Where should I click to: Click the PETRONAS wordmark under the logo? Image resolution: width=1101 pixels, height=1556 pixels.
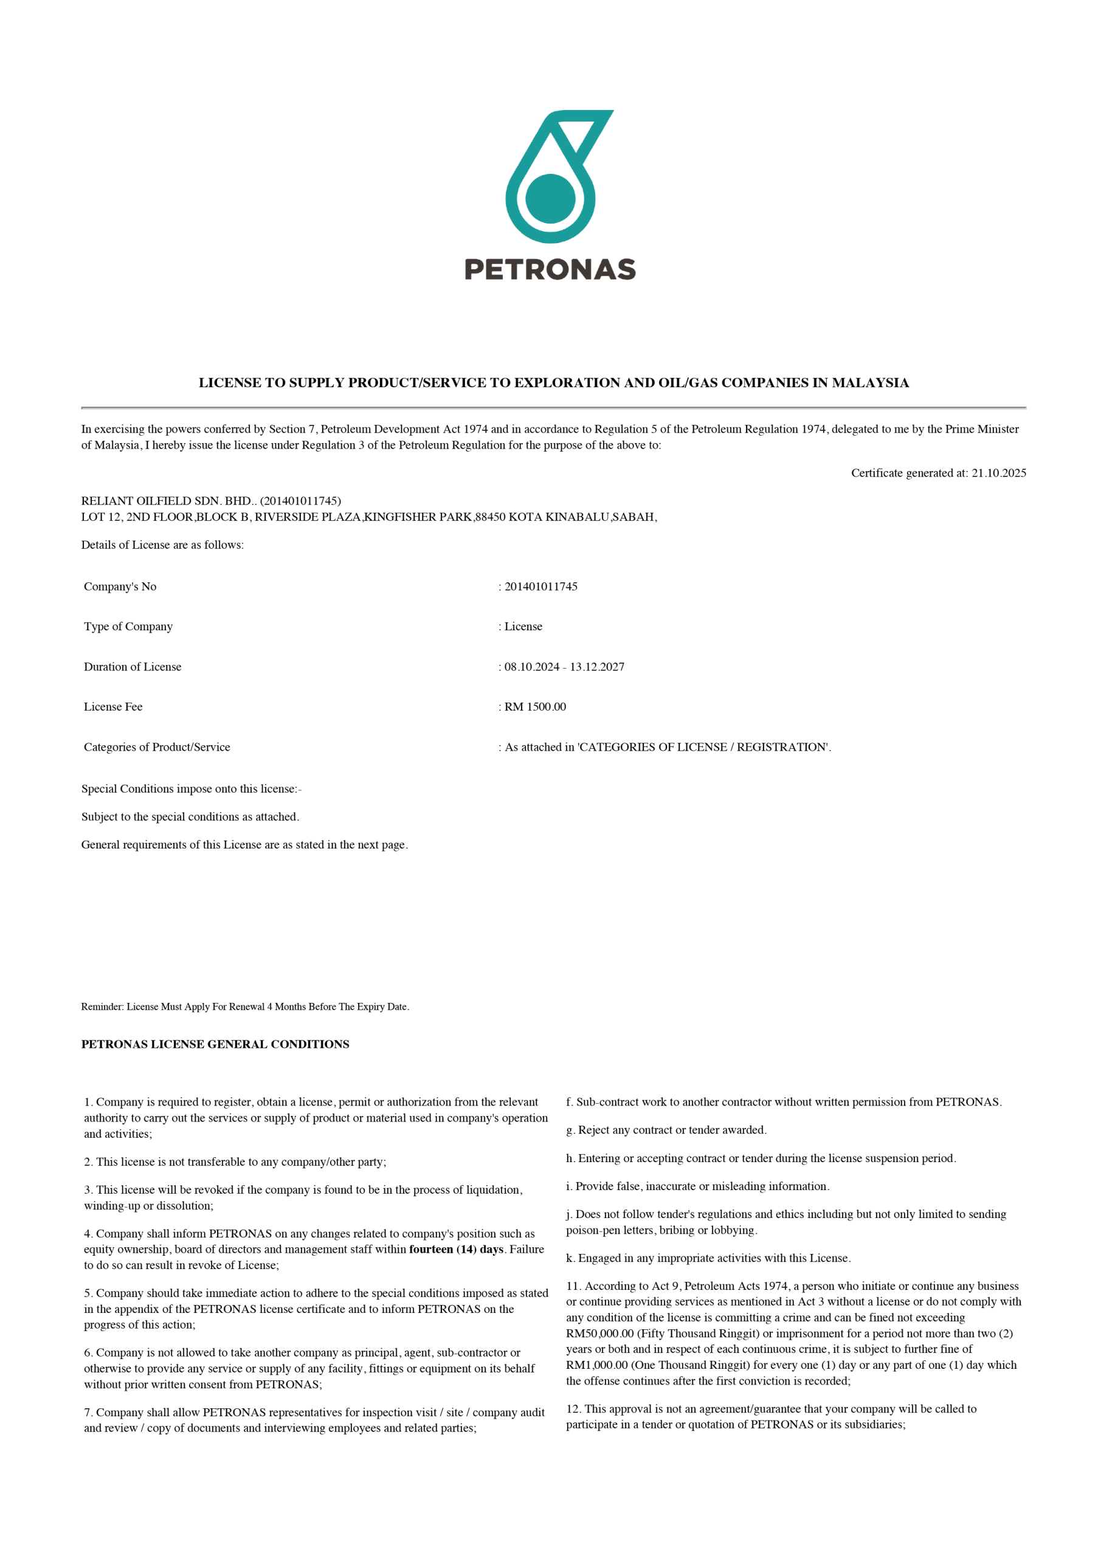coord(550,269)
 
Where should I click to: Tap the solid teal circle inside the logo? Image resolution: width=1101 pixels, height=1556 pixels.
coord(551,199)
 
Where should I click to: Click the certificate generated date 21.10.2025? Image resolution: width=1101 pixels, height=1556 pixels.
coord(999,473)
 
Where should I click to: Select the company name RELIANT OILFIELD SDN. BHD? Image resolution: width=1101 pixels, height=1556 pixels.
coord(167,501)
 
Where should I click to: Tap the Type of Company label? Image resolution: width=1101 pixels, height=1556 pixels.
coord(128,626)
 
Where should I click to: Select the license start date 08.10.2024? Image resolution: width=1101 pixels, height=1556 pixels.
coord(531,667)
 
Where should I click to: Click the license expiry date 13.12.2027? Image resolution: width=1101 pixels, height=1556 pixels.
coord(597,667)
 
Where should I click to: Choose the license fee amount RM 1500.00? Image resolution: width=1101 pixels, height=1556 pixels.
coord(535,707)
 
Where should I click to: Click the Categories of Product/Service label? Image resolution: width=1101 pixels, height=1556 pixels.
coord(157,747)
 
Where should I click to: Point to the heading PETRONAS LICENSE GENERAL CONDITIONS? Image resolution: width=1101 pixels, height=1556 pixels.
coord(216,1044)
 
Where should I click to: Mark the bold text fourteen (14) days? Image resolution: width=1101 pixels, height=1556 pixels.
coord(456,1249)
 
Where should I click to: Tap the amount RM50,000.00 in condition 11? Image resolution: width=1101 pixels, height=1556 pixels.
coord(600,1333)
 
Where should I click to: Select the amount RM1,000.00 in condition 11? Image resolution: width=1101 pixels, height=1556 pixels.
coord(596,1365)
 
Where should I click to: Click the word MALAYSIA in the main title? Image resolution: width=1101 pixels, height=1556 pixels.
coord(871,383)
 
